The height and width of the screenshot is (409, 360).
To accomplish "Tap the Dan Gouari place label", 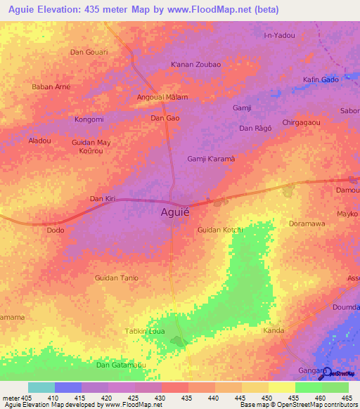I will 89,52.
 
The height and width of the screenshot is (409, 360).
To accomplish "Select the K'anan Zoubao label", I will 196,65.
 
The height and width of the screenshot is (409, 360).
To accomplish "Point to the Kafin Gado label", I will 321,79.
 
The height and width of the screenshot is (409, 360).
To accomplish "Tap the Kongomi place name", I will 89,119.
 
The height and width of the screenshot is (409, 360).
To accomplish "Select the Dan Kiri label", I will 102,199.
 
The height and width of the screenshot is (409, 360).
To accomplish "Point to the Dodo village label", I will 55,230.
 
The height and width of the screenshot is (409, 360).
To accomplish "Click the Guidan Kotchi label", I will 220,230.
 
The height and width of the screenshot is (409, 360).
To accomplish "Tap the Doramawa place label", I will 307,223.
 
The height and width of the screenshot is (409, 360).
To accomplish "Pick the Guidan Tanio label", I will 117,278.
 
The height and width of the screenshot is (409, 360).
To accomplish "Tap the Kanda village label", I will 273,330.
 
